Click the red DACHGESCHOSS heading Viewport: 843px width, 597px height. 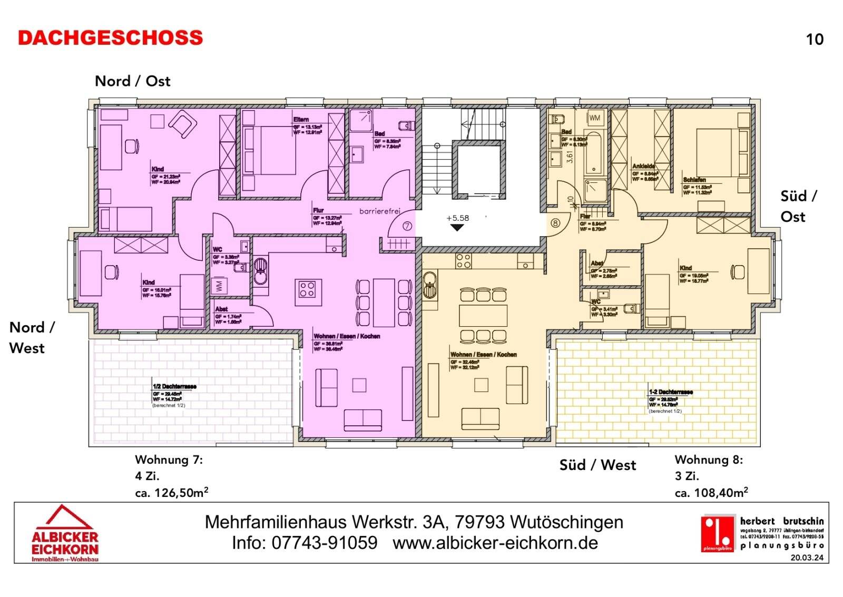(110, 38)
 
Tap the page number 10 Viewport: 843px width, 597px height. (815, 40)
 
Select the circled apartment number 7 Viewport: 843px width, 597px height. (407, 226)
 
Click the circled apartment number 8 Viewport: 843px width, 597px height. (555, 223)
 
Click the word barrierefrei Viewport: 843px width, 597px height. (380, 211)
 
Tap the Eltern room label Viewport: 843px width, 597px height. (301, 120)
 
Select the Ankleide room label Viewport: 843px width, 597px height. (643, 166)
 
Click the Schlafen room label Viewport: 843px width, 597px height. (694, 180)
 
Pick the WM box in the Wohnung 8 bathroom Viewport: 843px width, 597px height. (595, 118)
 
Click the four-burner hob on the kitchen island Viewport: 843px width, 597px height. (307, 289)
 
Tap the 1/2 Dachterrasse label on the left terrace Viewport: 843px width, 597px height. (174, 386)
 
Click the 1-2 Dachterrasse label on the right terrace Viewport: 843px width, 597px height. (671, 392)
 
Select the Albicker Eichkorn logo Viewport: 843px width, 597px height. (65, 533)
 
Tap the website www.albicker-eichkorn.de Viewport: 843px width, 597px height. (495, 543)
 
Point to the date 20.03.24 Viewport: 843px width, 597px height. (807, 557)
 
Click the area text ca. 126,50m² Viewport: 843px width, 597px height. (172, 493)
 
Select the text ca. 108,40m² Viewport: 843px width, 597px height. (711, 493)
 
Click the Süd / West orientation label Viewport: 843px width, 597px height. (597, 465)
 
